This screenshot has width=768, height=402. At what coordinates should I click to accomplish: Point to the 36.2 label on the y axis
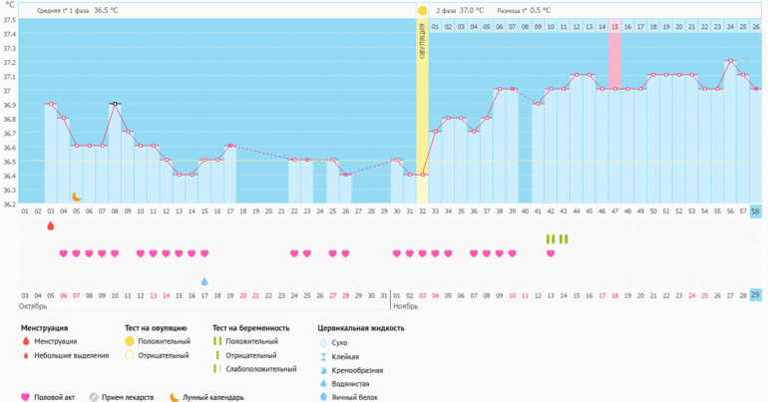[x=9, y=204]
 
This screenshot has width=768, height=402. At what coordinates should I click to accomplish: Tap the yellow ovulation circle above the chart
[x=423, y=10]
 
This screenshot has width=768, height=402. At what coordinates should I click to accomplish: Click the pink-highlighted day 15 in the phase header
[x=614, y=27]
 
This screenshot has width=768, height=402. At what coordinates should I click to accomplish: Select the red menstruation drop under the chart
[x=51, y=226]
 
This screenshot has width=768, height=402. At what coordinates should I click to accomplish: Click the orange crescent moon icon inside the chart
[x=76, y=197]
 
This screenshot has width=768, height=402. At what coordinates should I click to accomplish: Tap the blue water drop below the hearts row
[x=204, y=281]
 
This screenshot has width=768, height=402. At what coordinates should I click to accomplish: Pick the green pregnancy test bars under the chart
[x=557, y=239]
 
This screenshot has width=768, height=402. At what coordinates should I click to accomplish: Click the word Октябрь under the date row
[x=33, y=305]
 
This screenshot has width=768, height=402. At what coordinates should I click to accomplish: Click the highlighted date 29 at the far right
[x=755, y=295]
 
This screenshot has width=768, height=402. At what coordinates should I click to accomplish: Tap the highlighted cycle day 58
[x=755, y=211]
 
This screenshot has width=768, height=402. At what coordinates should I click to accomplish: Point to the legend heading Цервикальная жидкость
[x=361, y=328]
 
